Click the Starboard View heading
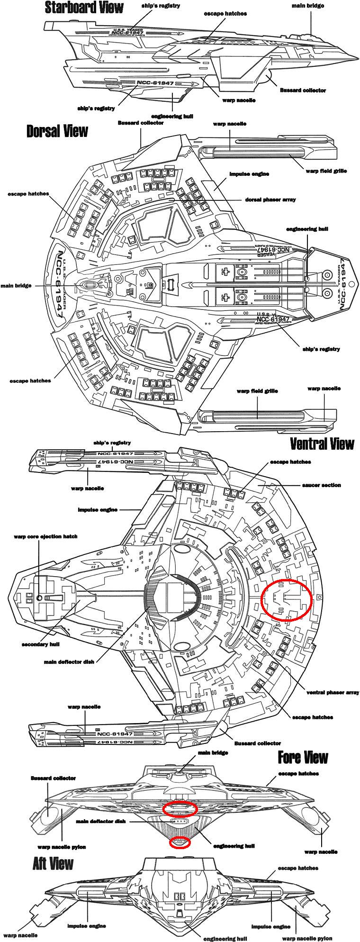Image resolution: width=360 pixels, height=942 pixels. coord(84,8)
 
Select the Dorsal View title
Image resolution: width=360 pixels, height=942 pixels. coord(57,131)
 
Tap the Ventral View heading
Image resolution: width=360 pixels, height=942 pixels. coord(322,444)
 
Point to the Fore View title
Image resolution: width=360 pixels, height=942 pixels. coord(303,757)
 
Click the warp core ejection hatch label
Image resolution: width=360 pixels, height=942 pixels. coord(45,536)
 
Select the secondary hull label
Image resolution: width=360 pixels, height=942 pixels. coord(40,644)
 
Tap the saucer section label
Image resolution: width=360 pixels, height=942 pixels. coord(321,485)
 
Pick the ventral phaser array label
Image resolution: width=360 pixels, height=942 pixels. coord(333,693)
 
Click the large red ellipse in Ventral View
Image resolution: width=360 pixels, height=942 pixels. coord(287,599)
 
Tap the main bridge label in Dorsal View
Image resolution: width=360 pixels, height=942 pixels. coord(16,286)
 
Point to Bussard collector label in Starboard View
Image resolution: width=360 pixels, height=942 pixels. coord(303,90)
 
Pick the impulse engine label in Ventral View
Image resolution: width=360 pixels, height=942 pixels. coord(97,510)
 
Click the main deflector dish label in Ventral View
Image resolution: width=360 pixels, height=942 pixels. coord(69,662)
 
